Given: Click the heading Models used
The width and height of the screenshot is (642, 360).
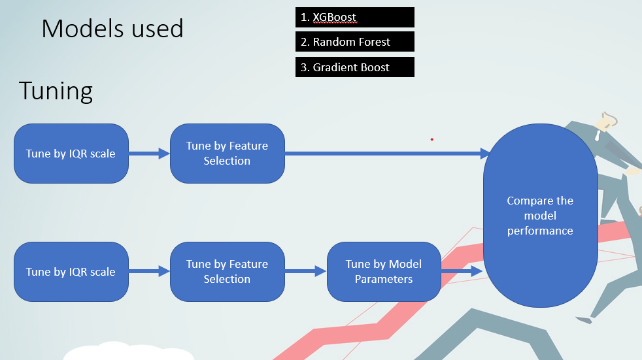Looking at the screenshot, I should (x=112, y=29).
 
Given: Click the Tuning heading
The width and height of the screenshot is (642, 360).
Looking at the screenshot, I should (x=56, y=90).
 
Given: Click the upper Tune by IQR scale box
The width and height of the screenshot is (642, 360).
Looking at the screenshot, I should (x=71, y=154).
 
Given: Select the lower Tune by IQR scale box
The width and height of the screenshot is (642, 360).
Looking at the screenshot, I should (x=71, y=272).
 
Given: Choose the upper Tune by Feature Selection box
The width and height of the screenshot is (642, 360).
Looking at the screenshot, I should (x=227, y=154).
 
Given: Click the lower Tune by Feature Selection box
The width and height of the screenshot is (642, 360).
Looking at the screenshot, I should (x=227, y=272).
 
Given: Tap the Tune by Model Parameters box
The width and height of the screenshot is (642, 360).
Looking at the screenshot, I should (x=383, y=272).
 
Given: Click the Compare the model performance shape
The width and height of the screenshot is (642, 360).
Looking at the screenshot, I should (x=540, y=216).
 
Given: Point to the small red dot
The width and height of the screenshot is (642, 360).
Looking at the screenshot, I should (x=431, y=139).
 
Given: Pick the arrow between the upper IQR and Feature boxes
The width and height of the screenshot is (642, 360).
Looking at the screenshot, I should (x=148, y=154).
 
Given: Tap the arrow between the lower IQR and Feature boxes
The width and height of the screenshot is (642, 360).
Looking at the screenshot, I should (x=148, y=272).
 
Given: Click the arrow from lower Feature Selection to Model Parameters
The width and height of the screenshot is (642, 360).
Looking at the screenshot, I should (x=305, y=272).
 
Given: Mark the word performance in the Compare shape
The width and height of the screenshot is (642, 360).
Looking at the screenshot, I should (x=540, y=231).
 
